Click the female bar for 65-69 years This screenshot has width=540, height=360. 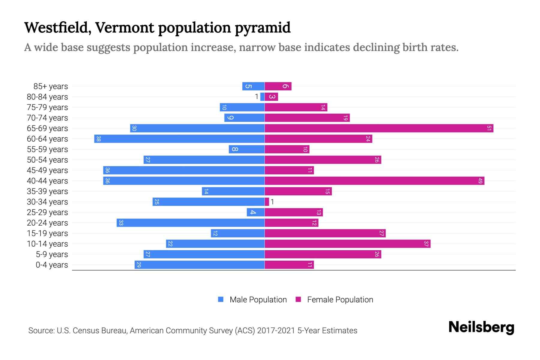tap(379, 128)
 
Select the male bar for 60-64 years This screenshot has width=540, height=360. tap(179, 139)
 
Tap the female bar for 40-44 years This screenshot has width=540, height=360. tap(374, 181)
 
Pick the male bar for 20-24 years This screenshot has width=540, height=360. tap(190, 223)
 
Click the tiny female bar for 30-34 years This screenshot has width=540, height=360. tap(267, 202)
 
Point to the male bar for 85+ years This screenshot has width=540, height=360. tap(253, 86)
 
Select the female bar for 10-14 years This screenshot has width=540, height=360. tap(347, 244)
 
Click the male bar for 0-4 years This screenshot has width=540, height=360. tap(199, 265)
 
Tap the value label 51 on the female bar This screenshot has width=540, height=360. tap(489, 128)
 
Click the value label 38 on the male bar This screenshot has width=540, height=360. tap(98, 139)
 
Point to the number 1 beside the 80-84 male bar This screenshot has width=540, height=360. tap(256, 97)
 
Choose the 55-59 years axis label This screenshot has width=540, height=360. tap(47, 149)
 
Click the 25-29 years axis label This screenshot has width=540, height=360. tap(47, 212)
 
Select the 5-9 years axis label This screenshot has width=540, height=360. tap(52, 254)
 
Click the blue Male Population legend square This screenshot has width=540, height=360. tap(221, 299)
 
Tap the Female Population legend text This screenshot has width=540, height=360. tap(340, 300)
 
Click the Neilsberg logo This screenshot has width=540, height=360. tap(481, 327)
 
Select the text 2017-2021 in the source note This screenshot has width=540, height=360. tap(276, 331)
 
